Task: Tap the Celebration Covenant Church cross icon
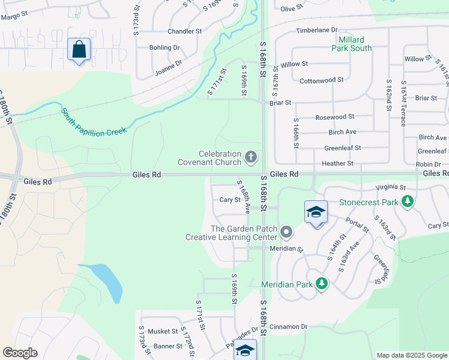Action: coord(251,158)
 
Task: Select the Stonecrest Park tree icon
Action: coord(408,202)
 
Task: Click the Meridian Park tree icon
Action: coord(322,283)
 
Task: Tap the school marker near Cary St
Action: coord(316,213)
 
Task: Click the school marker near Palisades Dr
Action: coord(245,350)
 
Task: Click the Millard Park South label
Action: coord(352,44)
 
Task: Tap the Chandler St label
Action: coord(184,31)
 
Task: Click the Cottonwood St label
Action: coord(321,80)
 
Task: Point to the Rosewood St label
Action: coord(334,117)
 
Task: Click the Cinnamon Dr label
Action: coord(288,327)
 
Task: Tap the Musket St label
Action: coord(163,331)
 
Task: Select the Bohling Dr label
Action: coord(164,47)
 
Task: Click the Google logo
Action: coord(20,353)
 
